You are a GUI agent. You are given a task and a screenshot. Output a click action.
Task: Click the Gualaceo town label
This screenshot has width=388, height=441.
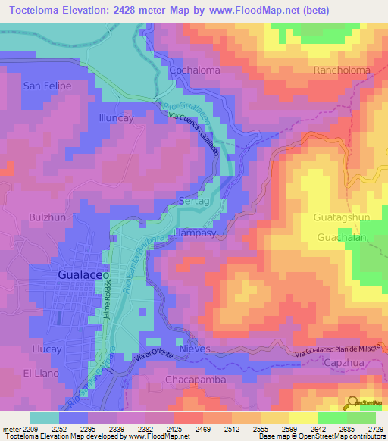84,276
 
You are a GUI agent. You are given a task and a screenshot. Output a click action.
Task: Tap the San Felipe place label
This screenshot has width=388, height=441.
47,86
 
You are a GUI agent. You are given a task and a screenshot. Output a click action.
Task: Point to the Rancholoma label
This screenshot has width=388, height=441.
342,70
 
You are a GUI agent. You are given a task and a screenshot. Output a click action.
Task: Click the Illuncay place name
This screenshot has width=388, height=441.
116,118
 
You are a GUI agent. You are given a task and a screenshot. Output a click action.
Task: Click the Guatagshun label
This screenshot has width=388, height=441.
342,217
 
